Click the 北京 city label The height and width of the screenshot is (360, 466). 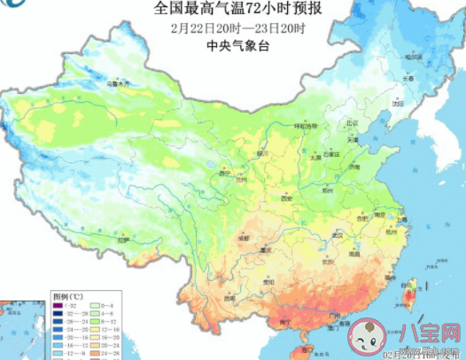point(352,123)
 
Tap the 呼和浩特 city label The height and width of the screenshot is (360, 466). point(306,127)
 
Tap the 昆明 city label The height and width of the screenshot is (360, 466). point(230,298)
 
